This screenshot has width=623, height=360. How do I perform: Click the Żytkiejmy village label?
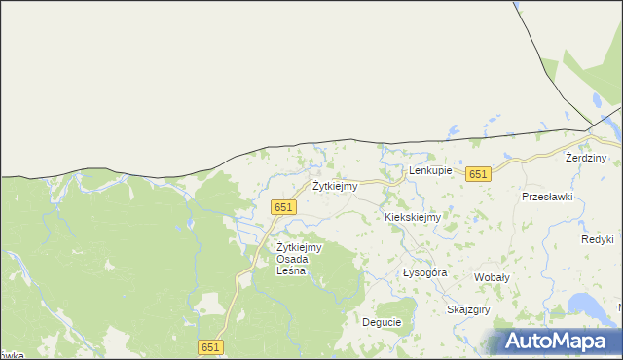pyautogui.click(x=334, y=186)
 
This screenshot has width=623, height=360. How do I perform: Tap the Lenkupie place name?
pyautogui.click(x=430, y=171)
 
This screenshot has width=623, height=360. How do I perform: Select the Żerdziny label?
pyautogui.click(x=586, y=158)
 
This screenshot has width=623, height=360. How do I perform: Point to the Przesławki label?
pyautogui.click(x=547, y=196)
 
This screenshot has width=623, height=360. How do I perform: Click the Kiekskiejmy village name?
pyautogui.click(x=413, y=218)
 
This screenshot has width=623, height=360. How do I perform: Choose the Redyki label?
pyautogui.click(x=597, y=239)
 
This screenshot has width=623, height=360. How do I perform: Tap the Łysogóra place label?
pyautogui.click(x=424, y=273)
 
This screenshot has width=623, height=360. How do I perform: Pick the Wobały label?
pyautogui.click(x=492, y=277)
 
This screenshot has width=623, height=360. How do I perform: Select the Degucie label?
pyautogui.click(x=382, y=322)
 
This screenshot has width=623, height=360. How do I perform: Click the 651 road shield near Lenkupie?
pyautogui.click(x=477, y=174)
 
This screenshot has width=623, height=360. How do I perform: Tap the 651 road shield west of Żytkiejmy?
pyautogui.click(x=282, y=207)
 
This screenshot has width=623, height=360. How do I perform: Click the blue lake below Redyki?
pyautogui.click(x=589, y=304)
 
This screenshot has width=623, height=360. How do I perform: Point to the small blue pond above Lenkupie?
pyautogui.click(x=451, y=127)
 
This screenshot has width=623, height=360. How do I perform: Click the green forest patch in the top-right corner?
pyautogui.click(x=589, y=58)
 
